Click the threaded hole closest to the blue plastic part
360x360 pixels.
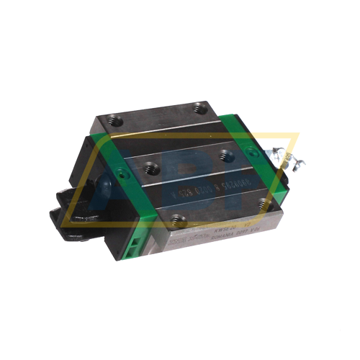coord(151,168)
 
